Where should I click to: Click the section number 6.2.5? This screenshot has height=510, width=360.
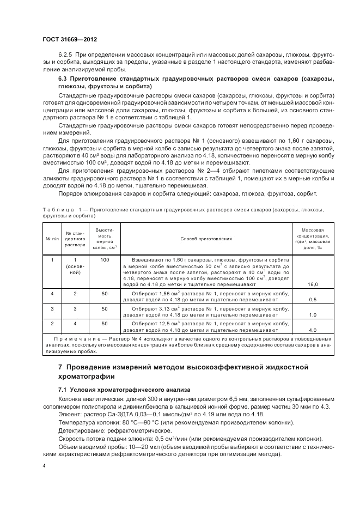click(x=65, y=56)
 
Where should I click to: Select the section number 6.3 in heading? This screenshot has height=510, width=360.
click(x=62, y=79)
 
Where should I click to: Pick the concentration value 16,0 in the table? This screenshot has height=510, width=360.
click(x=313, y=284)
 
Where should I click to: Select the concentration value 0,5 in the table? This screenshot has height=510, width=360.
click(x=313, y=300)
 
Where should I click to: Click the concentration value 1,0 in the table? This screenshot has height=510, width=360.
click(x=313, y=315)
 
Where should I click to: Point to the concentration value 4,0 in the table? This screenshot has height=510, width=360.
click(x=313, y=330)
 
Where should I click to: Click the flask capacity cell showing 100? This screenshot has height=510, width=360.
click(x=105, y=260)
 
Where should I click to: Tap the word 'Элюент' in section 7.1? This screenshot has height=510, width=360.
click(x=69, y=414)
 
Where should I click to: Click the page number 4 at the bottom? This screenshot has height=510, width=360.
click(x=44, y=466)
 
